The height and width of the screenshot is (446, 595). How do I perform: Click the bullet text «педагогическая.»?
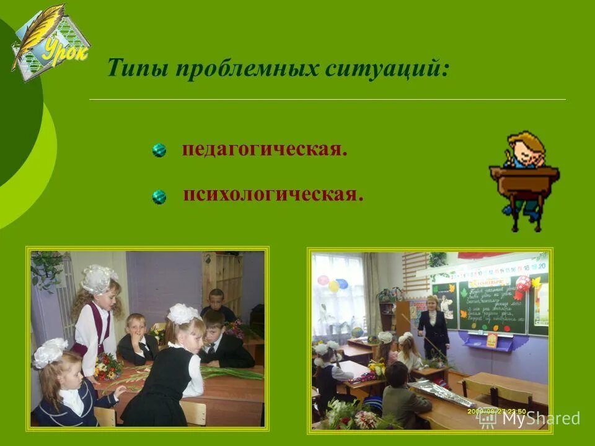264,150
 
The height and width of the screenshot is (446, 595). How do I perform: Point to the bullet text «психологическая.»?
273,195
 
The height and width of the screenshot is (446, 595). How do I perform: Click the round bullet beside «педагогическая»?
159,151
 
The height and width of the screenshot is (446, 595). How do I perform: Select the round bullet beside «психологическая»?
159,197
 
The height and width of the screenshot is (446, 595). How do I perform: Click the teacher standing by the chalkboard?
433,325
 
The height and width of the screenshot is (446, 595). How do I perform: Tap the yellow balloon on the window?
333,286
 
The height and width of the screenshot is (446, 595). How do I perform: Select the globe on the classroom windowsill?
357,332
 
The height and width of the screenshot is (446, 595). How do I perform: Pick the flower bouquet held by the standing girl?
107,366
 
